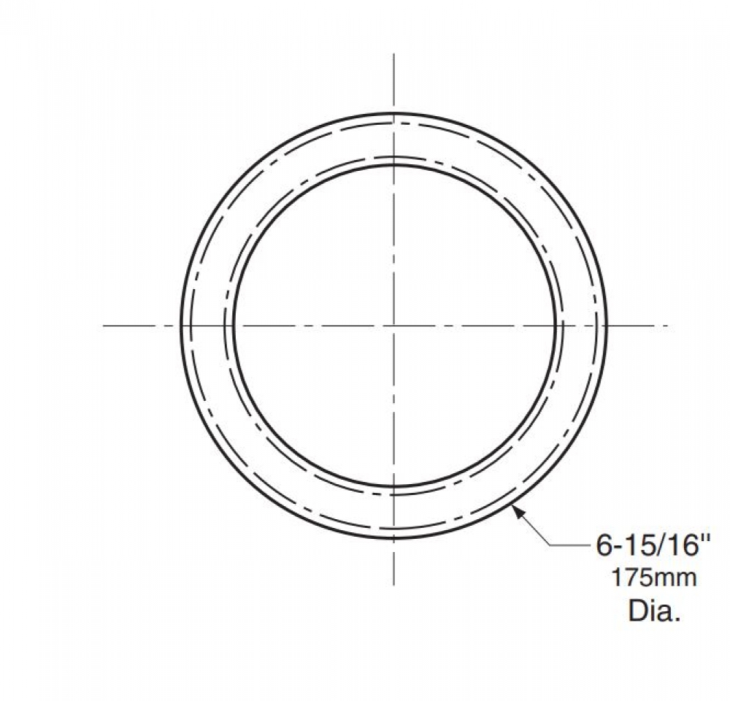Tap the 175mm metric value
coord(653,578)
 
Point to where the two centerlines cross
coord(394,326)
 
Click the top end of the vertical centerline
coord(394,54)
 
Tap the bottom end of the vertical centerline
coord(394,586)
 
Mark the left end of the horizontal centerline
coord(104,326)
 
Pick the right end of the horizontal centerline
coord(669,326)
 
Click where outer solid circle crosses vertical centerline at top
coord(394,113)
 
